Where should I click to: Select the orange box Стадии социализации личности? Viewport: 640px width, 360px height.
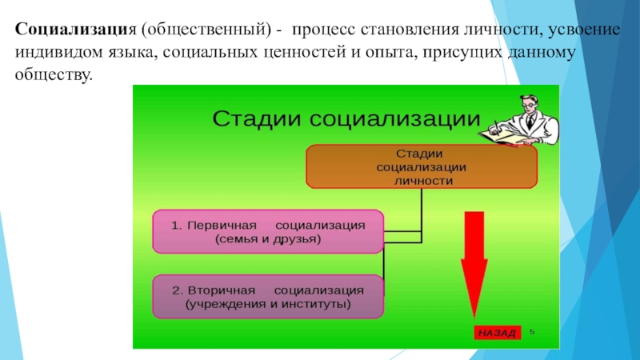click(x=421, y=166)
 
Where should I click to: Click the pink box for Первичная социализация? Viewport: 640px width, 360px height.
click(x=268, y=231)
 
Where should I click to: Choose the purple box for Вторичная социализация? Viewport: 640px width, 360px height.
click(x=268, y=296)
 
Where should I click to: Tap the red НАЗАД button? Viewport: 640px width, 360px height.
click(x=497, y=332)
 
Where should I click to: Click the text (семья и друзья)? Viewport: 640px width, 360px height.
click(x=268, y=239)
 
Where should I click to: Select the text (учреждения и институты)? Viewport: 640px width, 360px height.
click(x=268, y=304)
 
